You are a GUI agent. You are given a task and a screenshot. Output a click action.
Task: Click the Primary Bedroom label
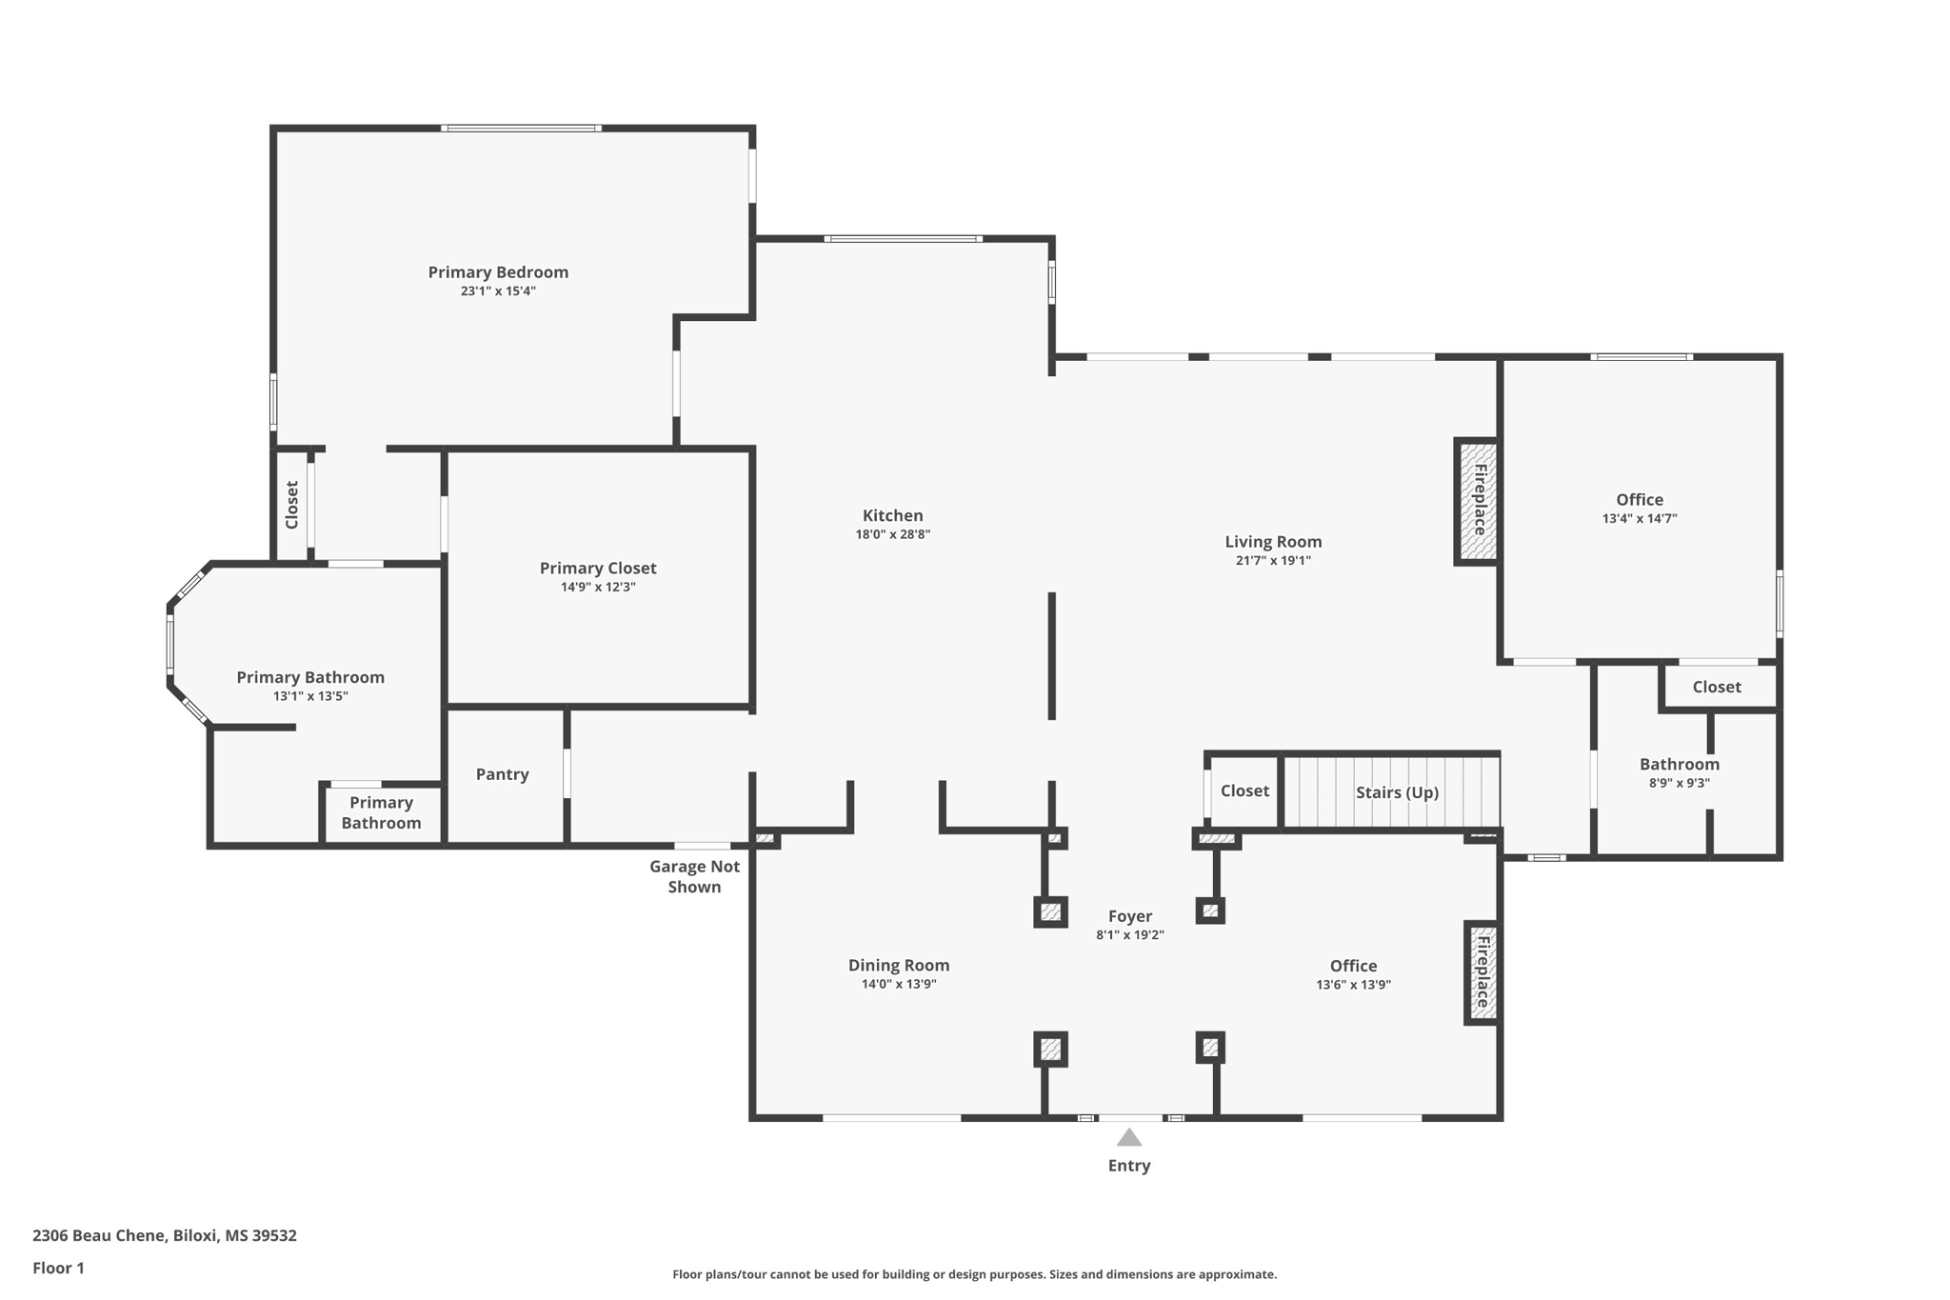pos(498,272)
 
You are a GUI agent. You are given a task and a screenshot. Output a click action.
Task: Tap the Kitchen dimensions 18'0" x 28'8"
pos(892,535)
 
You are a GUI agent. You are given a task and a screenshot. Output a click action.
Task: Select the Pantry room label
pos(502,774)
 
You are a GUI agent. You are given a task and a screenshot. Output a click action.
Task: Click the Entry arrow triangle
pos(1128,1137)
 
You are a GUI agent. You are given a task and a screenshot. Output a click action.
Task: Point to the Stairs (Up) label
pos(1397,792)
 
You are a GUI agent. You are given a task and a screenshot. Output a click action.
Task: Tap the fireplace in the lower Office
pos(1482,972)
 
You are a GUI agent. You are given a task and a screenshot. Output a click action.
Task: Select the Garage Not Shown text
pos(694,876)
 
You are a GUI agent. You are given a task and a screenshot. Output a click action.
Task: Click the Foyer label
pos(1130,916)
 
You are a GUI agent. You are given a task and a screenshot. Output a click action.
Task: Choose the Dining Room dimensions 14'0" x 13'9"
pos(899,985)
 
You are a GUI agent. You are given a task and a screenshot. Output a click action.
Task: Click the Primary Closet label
pos(598,569)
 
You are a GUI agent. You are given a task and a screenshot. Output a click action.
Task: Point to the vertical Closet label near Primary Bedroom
pos(292,505)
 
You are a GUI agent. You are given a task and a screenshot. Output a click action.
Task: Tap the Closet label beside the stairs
pos(1244,790)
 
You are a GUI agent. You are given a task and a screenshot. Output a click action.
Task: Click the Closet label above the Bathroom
pos(1716,687)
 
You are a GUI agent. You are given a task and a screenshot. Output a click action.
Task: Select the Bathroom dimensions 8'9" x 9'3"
pos(1680,783)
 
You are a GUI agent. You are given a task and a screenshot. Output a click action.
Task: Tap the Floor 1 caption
pos(58,1268)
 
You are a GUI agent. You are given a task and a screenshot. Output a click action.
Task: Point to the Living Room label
pos(1273,542)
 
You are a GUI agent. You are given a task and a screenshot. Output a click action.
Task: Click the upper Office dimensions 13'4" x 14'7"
pos(1639,519)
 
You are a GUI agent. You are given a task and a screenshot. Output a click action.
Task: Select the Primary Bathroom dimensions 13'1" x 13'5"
pos(310,696)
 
